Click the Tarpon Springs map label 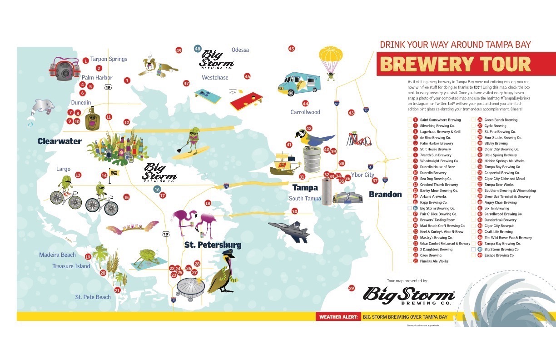(x=109, y=59)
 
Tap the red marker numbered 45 (x=292, y=49)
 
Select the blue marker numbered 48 (x=197, y=49)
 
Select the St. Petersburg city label (x=213, y=245)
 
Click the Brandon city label (x=385, y=195)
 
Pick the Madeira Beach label (x=57, y=255)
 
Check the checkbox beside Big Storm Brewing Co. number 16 (x=410, y=208)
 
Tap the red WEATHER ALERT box (x=338, y=317)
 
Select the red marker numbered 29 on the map (x=351, y=288)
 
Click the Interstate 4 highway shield (x=371, y=167)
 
